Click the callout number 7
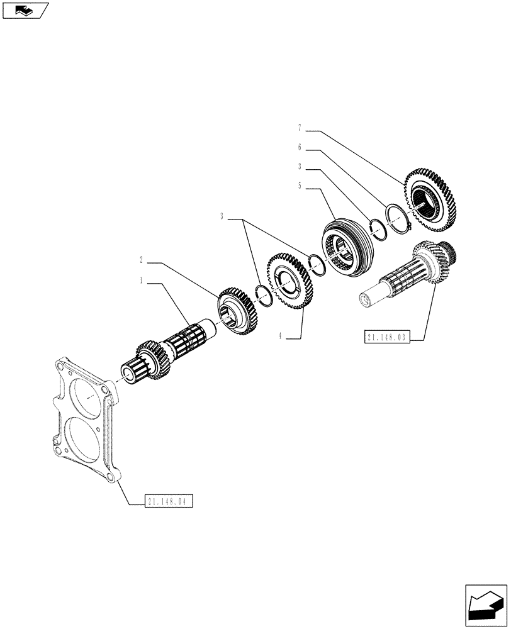tap(300, 129)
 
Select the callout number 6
tap(300, 148)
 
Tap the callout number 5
tap(300, 186)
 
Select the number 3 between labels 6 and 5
tap(300, 167)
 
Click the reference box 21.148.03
tap(387, 338)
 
